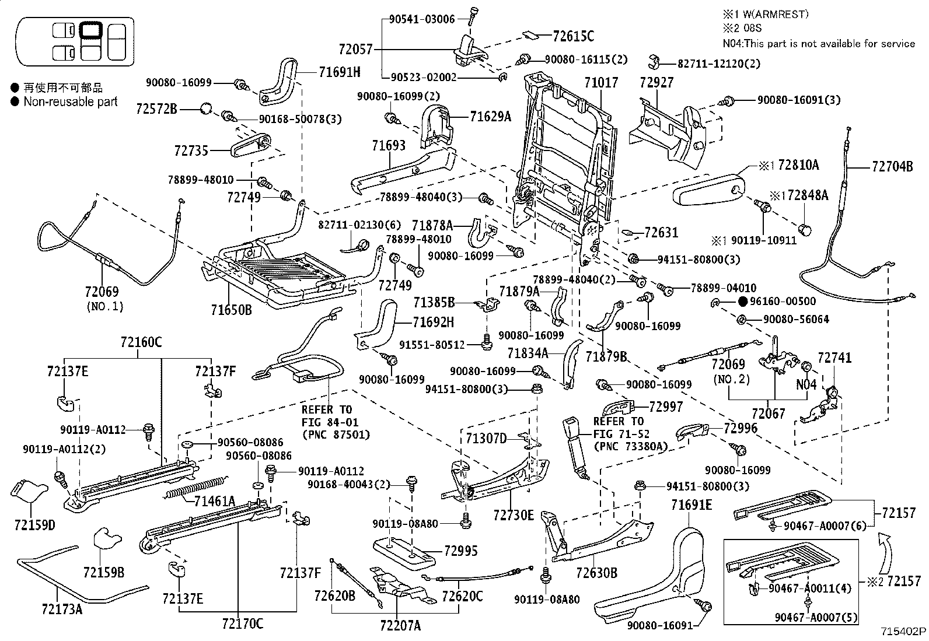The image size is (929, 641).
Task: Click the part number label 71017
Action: pos(600,83)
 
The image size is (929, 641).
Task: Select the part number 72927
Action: pos(656,83)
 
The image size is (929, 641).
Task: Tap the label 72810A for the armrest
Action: pos(798,166)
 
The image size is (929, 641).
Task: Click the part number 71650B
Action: pos(232,310)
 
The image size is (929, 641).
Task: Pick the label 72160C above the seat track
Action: pos(141,342)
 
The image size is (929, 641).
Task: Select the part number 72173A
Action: pos(62,610)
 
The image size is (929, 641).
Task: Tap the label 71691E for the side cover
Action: pos(691,505)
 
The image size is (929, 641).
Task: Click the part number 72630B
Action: pos(596,573)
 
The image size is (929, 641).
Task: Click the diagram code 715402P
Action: pos(904,631)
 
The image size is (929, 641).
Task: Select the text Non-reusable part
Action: pos(71,101)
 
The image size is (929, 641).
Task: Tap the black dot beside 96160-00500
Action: pos(742,302)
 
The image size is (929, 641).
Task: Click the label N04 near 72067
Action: pos(806,385)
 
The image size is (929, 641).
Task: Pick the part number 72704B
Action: pos(892,166)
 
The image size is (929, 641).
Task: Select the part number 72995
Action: pos(460,551)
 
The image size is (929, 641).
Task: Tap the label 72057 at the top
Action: pos(355,50)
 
